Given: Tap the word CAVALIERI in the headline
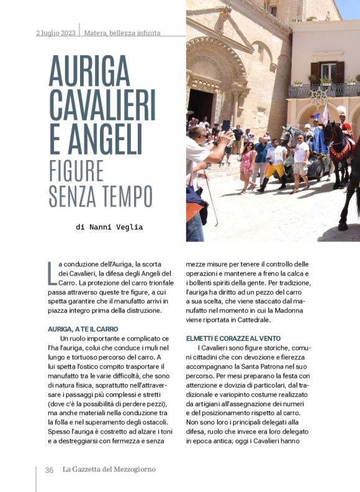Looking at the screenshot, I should pyautogui.click(x=102, y=105).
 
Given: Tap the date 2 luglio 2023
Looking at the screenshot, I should pyautogui.click(x=56, y=33).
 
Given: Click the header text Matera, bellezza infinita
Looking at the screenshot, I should pyautogui.click(x=122, y=33).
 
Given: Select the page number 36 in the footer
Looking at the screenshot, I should pyautogui.click(x=49, y=470).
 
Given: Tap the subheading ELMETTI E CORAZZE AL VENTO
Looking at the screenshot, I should pyautogui.click(x=235, y=338).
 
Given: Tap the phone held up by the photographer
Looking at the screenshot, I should pyautogui.click(x=226, y=125).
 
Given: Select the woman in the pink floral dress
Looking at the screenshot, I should pyautogui.click(x=246, y=164).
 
